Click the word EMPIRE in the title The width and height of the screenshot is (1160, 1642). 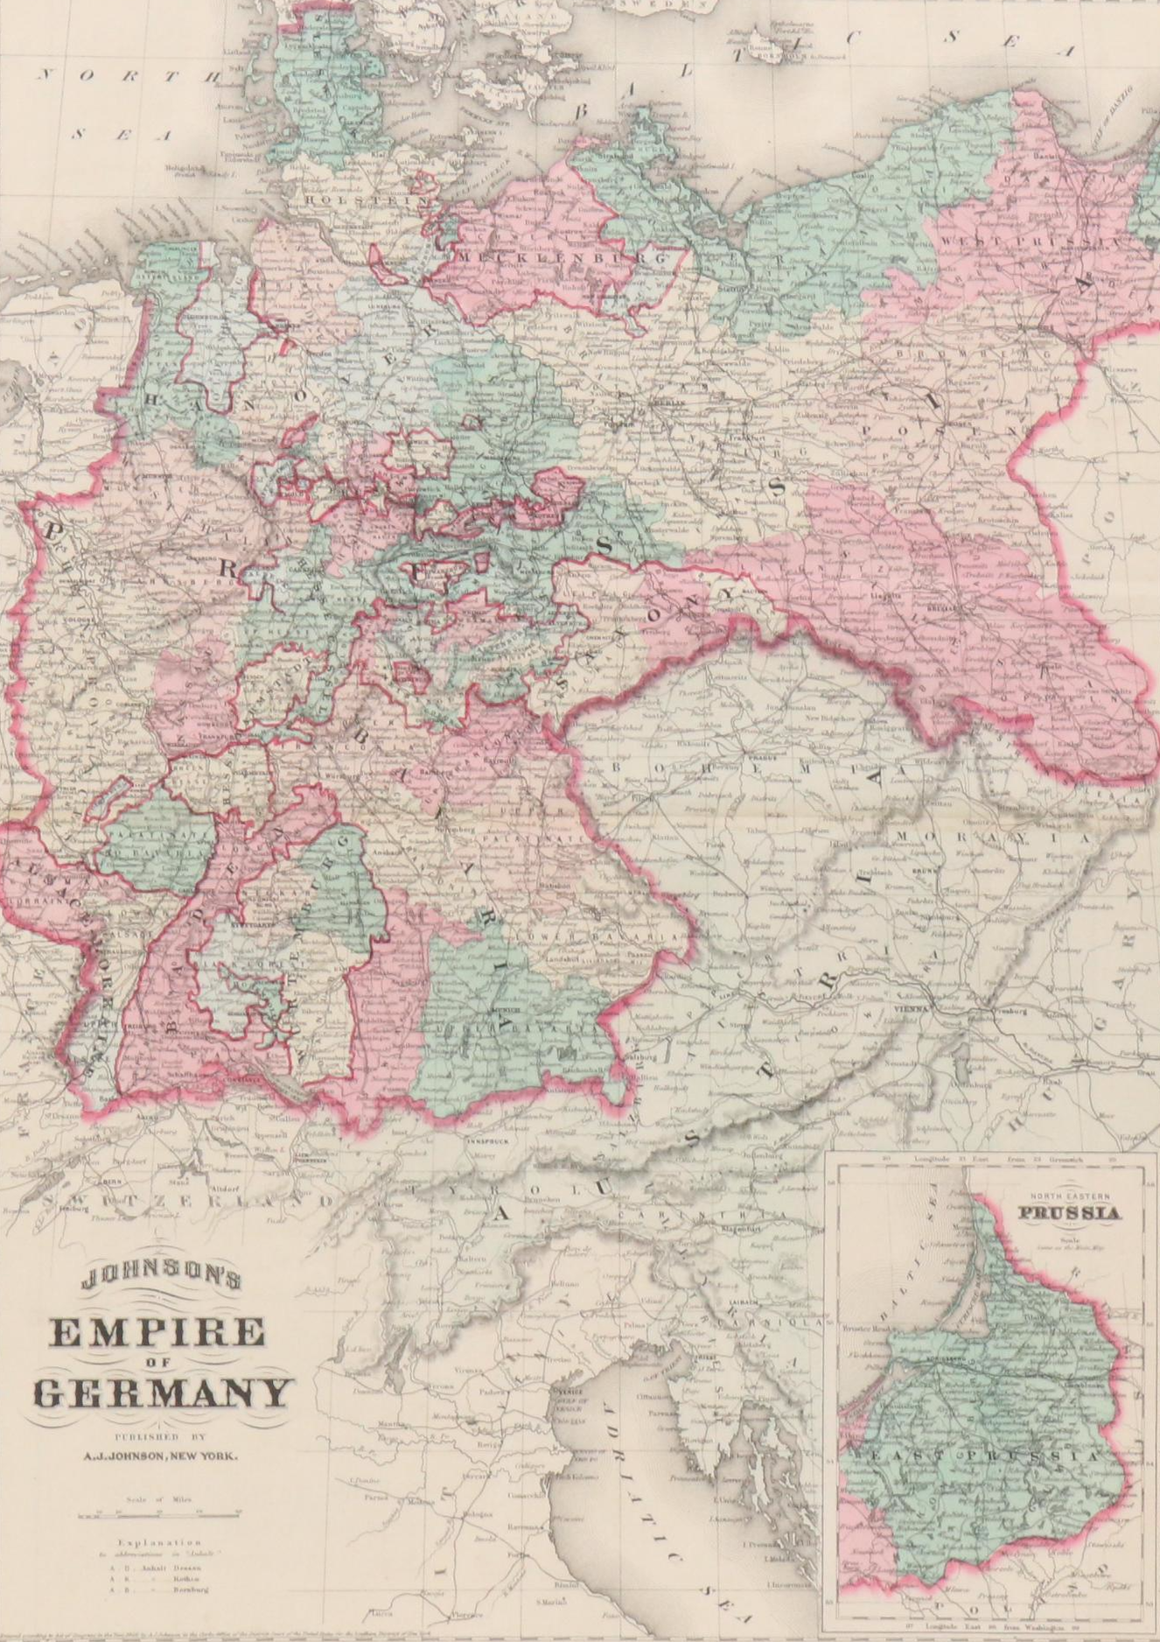tap(158, 1332)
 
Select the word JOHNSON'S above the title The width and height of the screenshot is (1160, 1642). tap(159, 1281)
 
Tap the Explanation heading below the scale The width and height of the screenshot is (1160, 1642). tap(157, 1543)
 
